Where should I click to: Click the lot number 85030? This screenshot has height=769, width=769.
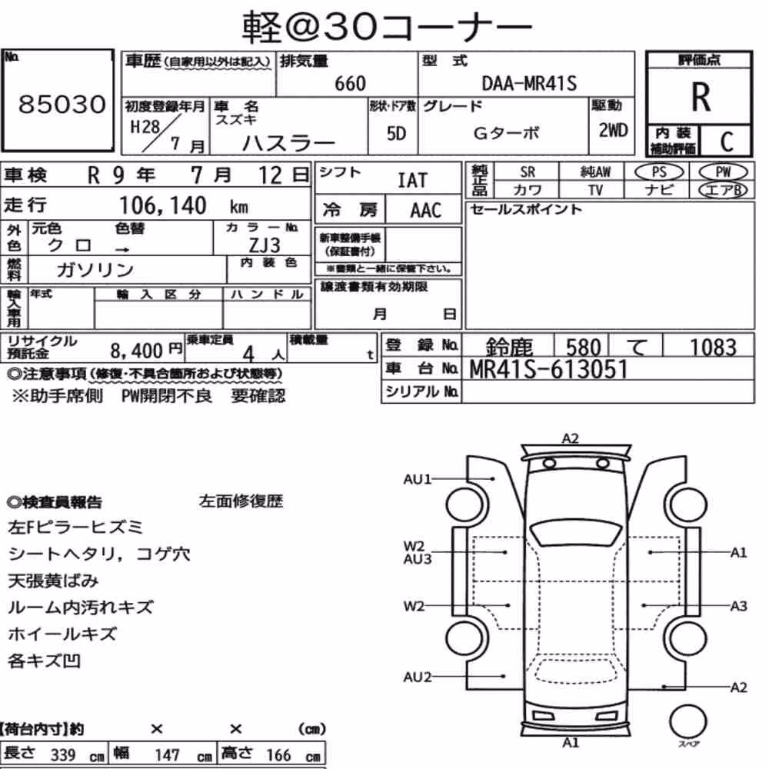pos(62,104)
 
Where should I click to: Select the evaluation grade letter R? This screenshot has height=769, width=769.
pos(701,97)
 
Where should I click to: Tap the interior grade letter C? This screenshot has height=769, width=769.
pos(727,141)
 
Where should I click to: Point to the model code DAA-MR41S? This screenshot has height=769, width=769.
pos(529,83)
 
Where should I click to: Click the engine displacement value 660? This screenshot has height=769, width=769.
pos(350,83)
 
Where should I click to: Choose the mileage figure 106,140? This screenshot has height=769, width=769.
pos(163,205)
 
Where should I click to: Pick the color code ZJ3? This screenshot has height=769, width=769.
pos(265,245)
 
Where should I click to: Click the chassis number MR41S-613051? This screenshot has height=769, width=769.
pos(548,369)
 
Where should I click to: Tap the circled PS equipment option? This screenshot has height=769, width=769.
pos(659,172)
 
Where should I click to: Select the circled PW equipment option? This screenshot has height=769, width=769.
pos(723,172)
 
